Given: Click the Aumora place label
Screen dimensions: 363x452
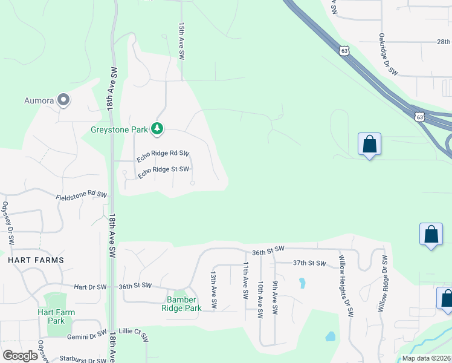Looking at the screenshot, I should [x=39, y=100].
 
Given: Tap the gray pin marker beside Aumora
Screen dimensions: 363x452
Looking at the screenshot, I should [x=63, y=100].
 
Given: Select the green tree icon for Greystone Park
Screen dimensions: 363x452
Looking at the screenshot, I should [x=157, y=128].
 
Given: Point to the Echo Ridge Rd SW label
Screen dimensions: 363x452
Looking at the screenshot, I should [x=163, y=156].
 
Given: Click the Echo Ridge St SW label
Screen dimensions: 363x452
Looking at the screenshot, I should [x=164, y=172].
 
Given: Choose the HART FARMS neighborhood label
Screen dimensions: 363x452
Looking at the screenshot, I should [x=36, y=260].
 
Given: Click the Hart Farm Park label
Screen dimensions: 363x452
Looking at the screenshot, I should [x=56, y=316].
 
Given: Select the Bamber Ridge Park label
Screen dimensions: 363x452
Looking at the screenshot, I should [x=181, y=304].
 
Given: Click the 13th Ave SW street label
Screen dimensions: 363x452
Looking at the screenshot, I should [x=213, y=283].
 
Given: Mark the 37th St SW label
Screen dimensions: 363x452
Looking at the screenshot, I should [x=309, y=263].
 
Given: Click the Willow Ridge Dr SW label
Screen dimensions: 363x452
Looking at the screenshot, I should [x=382, y=283].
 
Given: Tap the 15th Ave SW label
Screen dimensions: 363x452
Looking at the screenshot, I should [x=181, y=41].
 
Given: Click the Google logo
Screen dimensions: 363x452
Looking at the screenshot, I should [x=21, y=356].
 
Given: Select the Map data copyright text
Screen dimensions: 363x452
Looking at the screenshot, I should [x=426, y=358].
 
